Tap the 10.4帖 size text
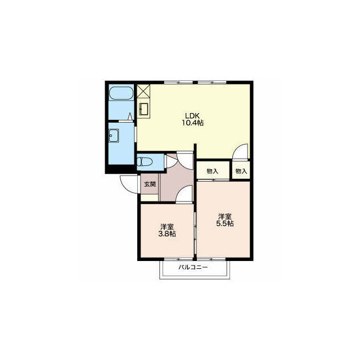pos(192,123)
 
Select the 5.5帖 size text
pos(225,223)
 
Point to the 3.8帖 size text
pos(167,234)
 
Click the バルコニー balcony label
pos(193,267)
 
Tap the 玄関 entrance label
pos(150,184)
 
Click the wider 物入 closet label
pos(213,171)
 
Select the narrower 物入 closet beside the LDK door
pos(241,171)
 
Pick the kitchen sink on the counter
pos(144,109)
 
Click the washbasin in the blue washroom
pos(114,136)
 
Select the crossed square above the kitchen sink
pos(143,92)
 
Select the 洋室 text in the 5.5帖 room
pos(225,217)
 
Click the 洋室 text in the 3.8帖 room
pos(167,227)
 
